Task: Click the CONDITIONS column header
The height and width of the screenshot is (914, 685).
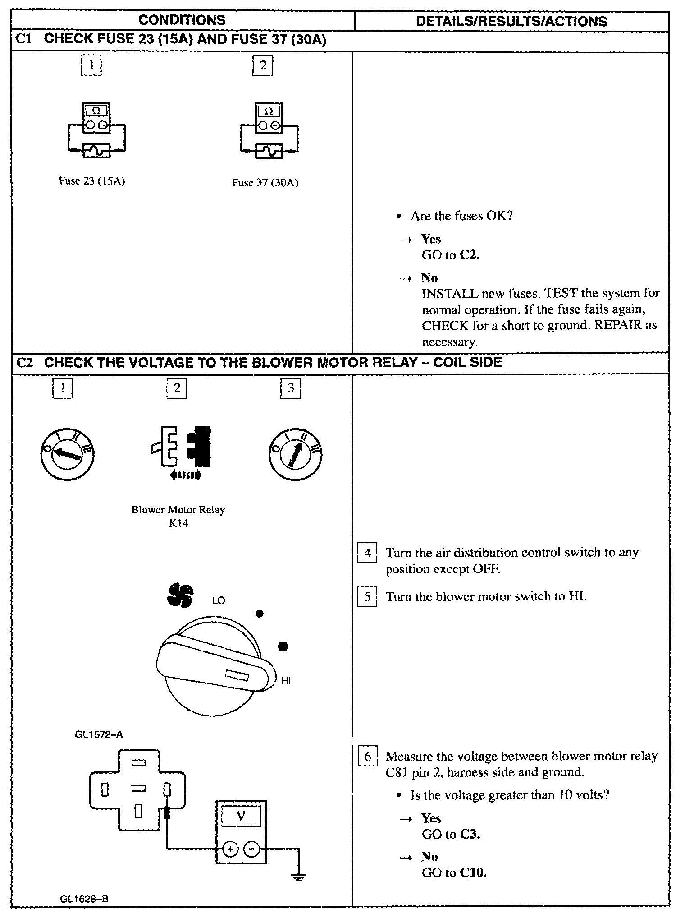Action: click(x=182, y=20)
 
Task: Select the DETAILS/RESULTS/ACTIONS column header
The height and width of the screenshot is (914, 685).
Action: click(x=511, y=21)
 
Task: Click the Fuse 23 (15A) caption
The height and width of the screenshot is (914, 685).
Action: click(x=92, y=181)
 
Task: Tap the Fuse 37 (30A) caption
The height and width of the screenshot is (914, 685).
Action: click(x=265, y=183)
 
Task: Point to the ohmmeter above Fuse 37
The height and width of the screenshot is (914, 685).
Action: click(x=269, y=118)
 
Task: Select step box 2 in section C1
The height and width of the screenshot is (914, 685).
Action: click(x=263, y=65)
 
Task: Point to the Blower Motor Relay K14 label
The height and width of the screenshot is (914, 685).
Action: click(x=178, y=516)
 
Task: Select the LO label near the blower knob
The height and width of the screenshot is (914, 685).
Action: click(x=218, y=601)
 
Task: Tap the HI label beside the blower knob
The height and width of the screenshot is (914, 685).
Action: click(x=285, y=681)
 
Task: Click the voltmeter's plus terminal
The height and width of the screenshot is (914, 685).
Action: click(x=230, y=849)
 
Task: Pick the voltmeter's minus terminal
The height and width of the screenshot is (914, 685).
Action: click(x=251, y=849)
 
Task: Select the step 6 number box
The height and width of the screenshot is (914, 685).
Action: click(x=367, y=756)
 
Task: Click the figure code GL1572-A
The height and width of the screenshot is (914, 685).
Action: click(x=99, y=734)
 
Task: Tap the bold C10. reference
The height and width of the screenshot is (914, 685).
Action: click(x=473, y=872)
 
